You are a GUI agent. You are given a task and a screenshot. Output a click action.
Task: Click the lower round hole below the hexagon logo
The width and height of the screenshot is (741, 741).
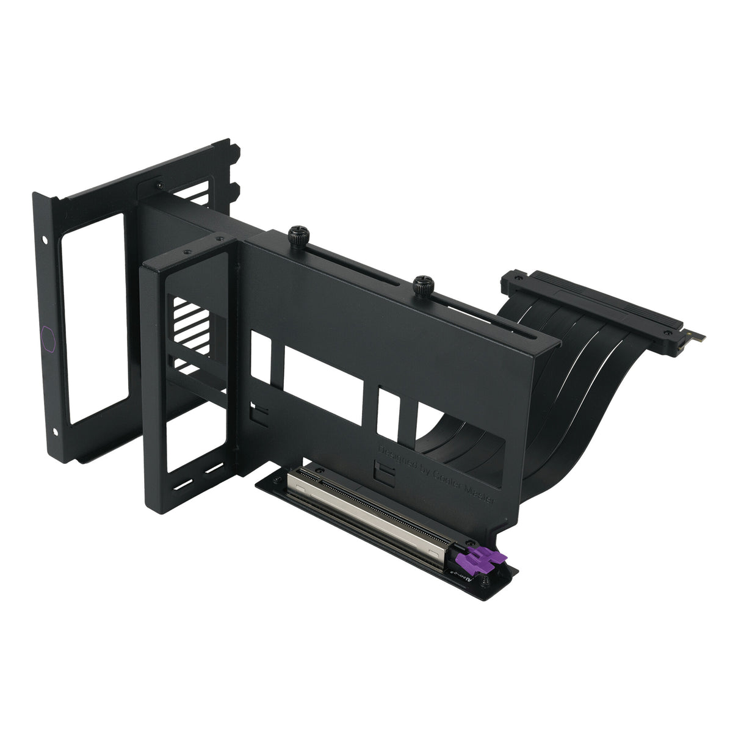tap(56, 432)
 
